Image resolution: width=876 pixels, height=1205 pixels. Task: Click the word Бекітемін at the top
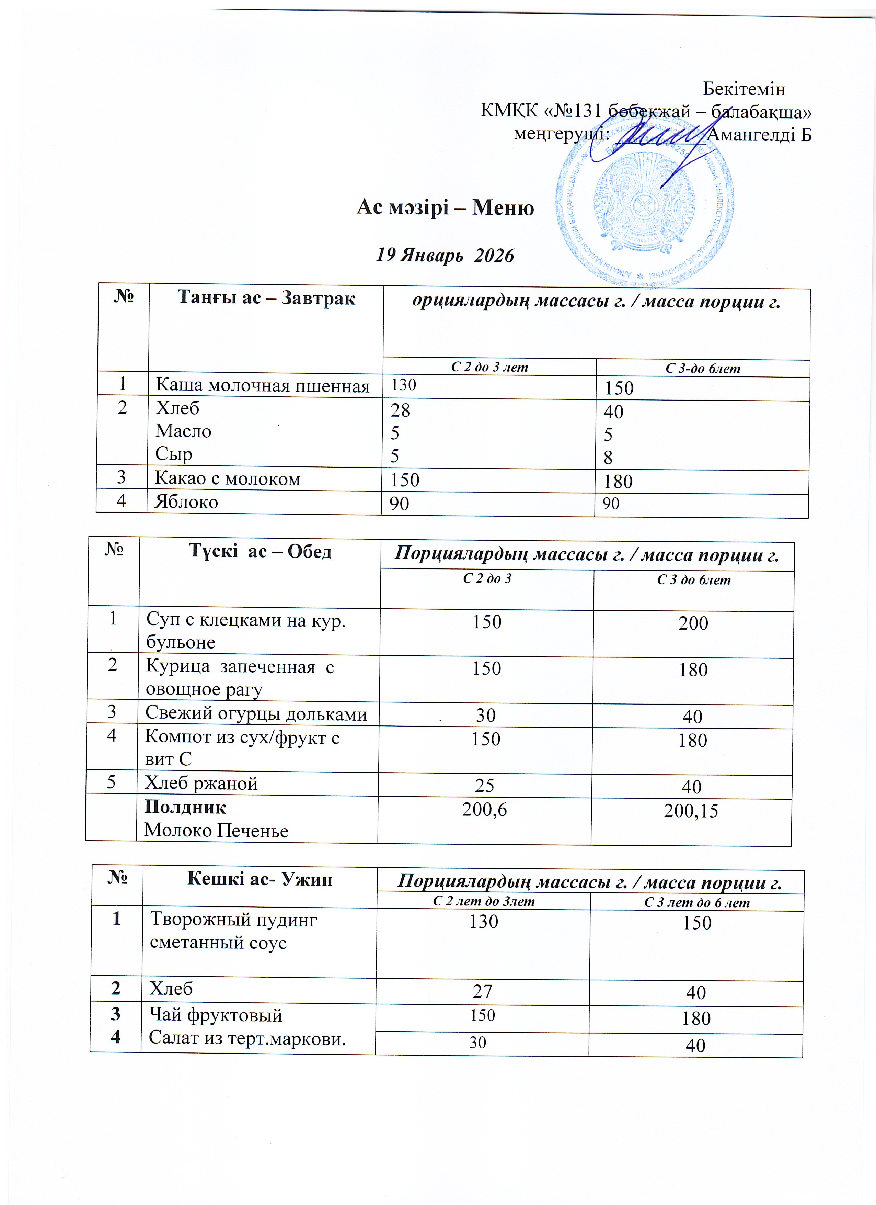(744, 89)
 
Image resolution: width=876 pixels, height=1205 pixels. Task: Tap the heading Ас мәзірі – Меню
(445, 207)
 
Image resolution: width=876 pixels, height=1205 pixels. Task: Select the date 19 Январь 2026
(445, 256)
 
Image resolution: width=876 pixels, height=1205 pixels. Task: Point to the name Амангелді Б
(760, 135)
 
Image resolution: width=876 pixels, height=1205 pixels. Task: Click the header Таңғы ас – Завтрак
(266, 298)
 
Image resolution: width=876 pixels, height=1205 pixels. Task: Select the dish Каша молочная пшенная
(262, 386)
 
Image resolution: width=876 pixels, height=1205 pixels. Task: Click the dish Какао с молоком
(227, 479)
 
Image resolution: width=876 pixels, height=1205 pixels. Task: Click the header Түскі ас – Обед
(260, 552)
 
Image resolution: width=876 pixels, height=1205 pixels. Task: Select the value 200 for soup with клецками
(693, 623)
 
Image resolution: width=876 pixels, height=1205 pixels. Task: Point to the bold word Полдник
(185, 808)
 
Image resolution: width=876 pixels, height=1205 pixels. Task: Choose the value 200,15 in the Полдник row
(691, 811)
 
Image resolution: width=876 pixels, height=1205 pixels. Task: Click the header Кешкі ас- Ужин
(260, 879)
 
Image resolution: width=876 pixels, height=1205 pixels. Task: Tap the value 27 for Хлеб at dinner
(483, 991)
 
